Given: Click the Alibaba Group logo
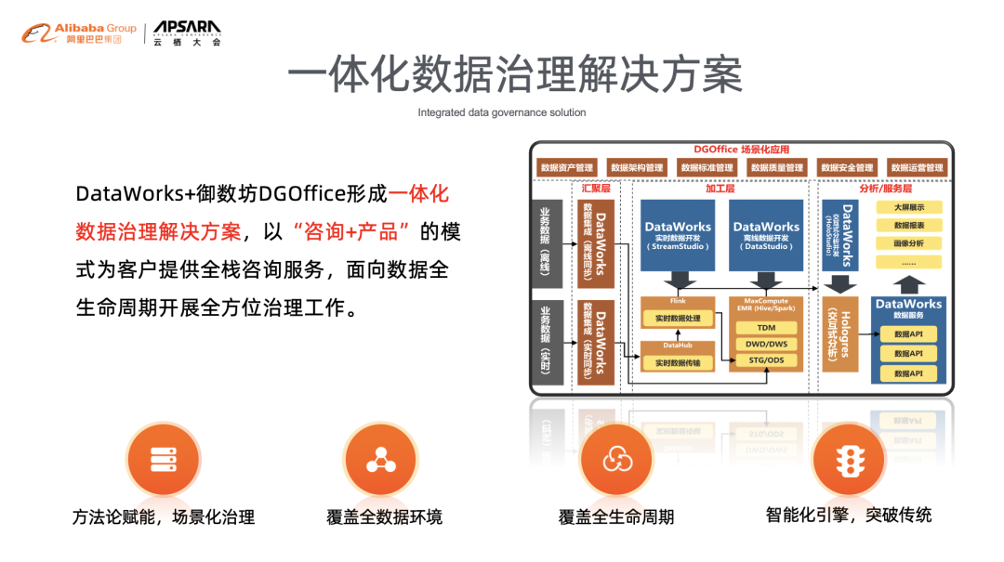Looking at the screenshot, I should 79,33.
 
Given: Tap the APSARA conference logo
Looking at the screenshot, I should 187,33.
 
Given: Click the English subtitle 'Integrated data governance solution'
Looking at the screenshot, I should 501,112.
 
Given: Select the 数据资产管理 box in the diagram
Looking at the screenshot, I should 565,168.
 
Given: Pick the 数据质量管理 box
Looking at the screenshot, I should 776,168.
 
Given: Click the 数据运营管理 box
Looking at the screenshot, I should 917,168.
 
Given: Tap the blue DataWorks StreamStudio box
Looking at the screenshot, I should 678,233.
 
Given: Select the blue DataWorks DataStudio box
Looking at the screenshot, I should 766,233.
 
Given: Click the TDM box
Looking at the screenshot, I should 765,328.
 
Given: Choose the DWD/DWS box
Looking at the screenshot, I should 765,344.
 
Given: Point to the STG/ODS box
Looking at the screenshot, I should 765,360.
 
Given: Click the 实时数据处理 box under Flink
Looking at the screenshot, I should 678,319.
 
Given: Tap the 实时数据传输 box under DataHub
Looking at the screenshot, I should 678,362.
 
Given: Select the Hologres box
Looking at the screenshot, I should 839,333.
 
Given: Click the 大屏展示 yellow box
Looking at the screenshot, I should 908,207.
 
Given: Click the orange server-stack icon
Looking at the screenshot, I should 163,459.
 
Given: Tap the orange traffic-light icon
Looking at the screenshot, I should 847,459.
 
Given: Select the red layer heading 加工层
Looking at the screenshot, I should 720,188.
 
